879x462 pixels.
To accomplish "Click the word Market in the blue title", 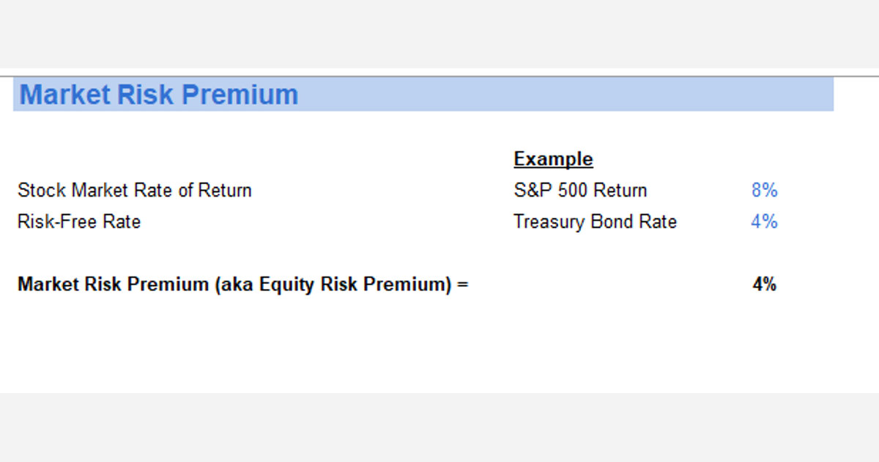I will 64,95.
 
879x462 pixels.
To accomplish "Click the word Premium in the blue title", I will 240,95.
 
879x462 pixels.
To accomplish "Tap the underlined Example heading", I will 553,159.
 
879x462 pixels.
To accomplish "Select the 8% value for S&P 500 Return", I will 764,191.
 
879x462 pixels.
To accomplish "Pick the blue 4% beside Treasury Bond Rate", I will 764,221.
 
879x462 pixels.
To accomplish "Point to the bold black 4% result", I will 764,285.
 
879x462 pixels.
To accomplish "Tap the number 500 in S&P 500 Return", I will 573,191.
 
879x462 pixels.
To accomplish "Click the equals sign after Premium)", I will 462,285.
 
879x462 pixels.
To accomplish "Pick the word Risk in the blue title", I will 147,95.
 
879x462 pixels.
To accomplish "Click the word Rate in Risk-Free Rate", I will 122,221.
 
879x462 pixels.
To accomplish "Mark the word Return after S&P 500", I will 620,191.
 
